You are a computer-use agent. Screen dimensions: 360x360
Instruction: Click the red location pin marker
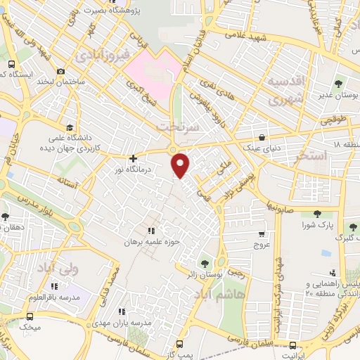point(181,165)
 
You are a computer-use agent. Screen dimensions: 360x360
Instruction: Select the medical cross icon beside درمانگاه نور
point(133,159)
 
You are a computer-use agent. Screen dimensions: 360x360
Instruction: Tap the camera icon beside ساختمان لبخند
point(61,71)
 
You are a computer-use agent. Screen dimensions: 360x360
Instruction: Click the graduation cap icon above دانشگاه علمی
point(69,127)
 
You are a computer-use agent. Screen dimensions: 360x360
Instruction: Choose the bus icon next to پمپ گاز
point(180,345)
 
